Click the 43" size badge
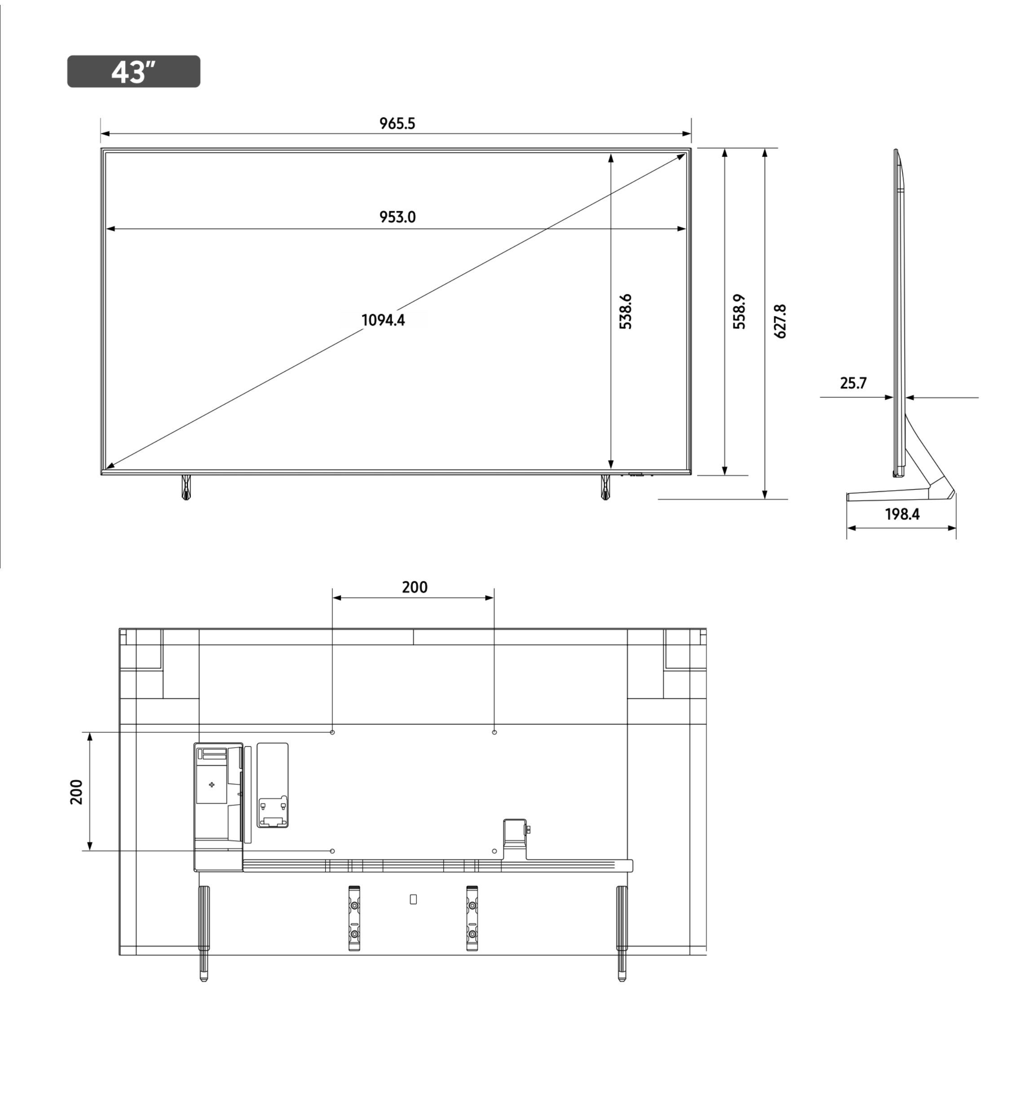click(x=133, y=71)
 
